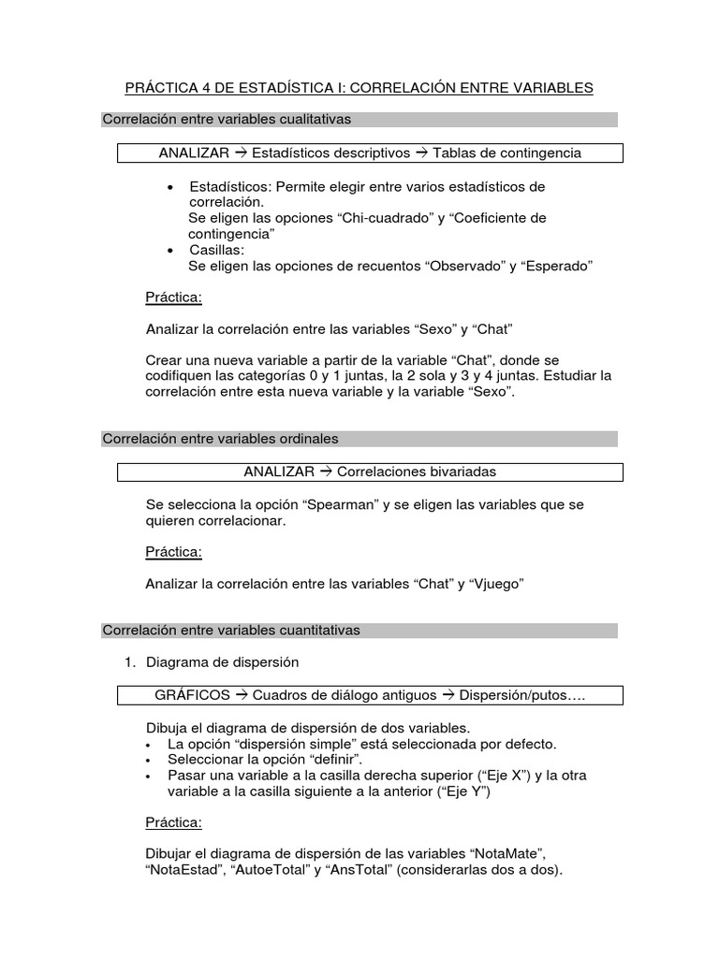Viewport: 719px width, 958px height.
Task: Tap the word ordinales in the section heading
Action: pos(303,439)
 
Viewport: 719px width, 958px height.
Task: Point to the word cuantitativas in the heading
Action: pos(315,631)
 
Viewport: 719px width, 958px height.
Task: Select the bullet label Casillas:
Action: pos(216,250)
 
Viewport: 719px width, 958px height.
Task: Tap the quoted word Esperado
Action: pos(559,266)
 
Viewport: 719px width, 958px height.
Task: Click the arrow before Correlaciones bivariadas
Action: pos(327,472)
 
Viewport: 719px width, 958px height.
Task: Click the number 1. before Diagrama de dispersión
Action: pos(131,662)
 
